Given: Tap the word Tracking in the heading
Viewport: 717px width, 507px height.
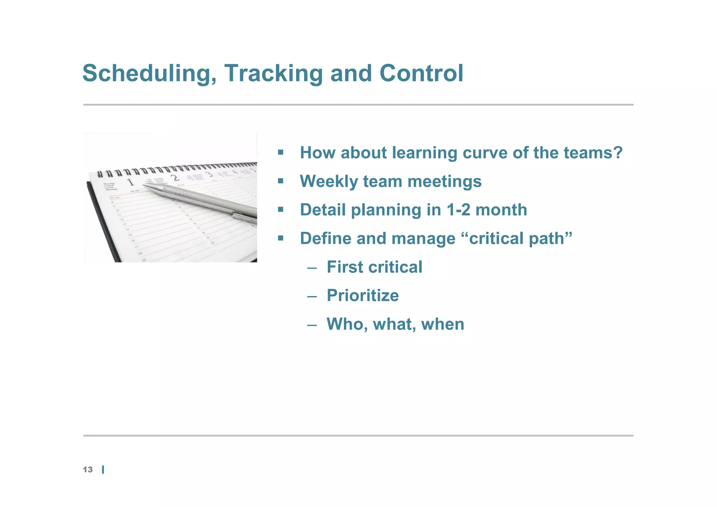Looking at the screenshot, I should click(x=273, y=74).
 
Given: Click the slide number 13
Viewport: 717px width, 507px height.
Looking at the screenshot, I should click(x=88, y=470).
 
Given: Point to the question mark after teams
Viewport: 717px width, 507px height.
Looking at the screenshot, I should click(x=618, y=153).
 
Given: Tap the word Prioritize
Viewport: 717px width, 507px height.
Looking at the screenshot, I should click(x=362, y=295).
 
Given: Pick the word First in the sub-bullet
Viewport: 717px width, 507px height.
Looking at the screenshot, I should click(x=344, y=267).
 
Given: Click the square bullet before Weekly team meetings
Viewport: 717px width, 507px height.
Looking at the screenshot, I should click(x=280, y=181).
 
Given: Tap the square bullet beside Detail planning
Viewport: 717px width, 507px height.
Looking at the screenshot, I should click(x=280, y=210).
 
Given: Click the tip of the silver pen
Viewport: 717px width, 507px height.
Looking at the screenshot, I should click(x=144, y=185).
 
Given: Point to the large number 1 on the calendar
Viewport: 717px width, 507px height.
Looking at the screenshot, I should click(x=131, y=182).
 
